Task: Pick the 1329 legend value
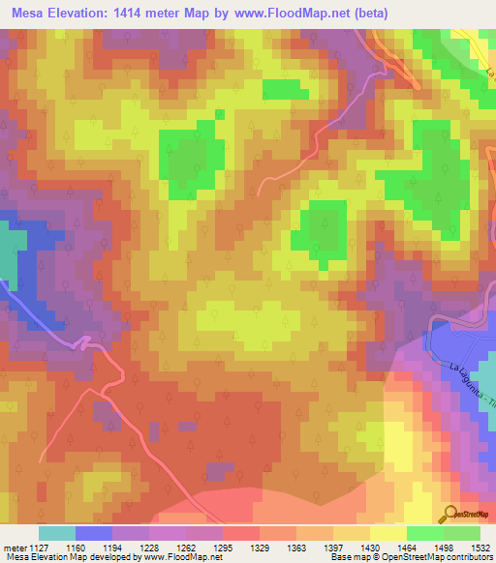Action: pos(257,547)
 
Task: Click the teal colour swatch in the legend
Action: pos(57,533)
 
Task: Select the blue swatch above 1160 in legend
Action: pos(94,533)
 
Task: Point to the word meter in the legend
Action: pos(15,547)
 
